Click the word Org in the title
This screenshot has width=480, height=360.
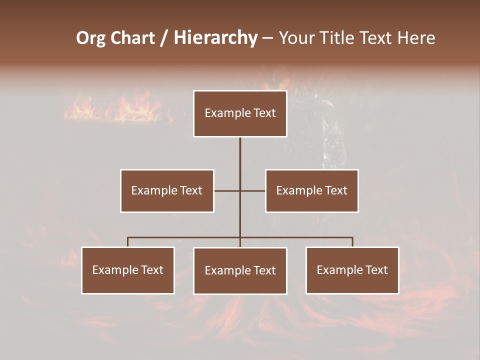[90, 38]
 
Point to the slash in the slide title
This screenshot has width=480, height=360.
[164, 38]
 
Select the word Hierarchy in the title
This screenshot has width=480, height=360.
[215, 38]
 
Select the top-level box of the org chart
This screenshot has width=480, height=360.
[240, 113]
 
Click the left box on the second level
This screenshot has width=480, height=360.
[167, 190]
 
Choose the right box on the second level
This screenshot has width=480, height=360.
[312, 190]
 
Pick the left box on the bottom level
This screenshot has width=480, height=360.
[128, 270]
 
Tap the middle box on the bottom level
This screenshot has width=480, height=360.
[240, 271]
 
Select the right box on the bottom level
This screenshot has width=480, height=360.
[352, 270]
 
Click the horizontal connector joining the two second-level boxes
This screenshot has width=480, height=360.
[227, 190]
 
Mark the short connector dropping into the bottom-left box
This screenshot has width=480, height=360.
[128, 242]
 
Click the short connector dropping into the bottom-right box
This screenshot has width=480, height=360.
[352, 242]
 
